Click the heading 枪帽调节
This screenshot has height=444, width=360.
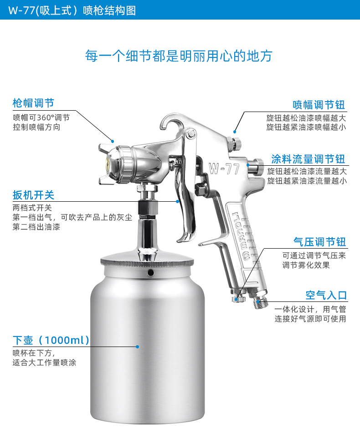coord(33,103)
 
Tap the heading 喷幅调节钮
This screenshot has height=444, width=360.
coord(319,105)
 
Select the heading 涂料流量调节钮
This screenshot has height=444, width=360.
coord(308,159)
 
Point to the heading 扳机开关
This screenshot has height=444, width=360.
coord(33,195)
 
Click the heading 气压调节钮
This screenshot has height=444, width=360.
coord(320,242)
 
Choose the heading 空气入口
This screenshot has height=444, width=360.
coord(326,296)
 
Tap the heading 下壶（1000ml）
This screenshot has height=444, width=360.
coord(51,340)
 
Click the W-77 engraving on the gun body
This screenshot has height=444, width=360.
coord(224,169)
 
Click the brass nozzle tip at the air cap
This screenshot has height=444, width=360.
coord(108,163)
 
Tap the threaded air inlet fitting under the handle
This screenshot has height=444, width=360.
coord(259,301)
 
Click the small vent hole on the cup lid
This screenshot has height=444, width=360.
coord(150,273)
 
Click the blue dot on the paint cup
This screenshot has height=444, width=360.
coord(138,347)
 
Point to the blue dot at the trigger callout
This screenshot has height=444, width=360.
coord(177,201)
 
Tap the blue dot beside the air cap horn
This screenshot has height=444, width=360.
coord(113,141)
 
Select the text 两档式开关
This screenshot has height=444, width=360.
coord(32,208)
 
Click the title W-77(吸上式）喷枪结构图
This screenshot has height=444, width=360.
coord(72,10)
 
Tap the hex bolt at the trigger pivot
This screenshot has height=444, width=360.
coord(191,133)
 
